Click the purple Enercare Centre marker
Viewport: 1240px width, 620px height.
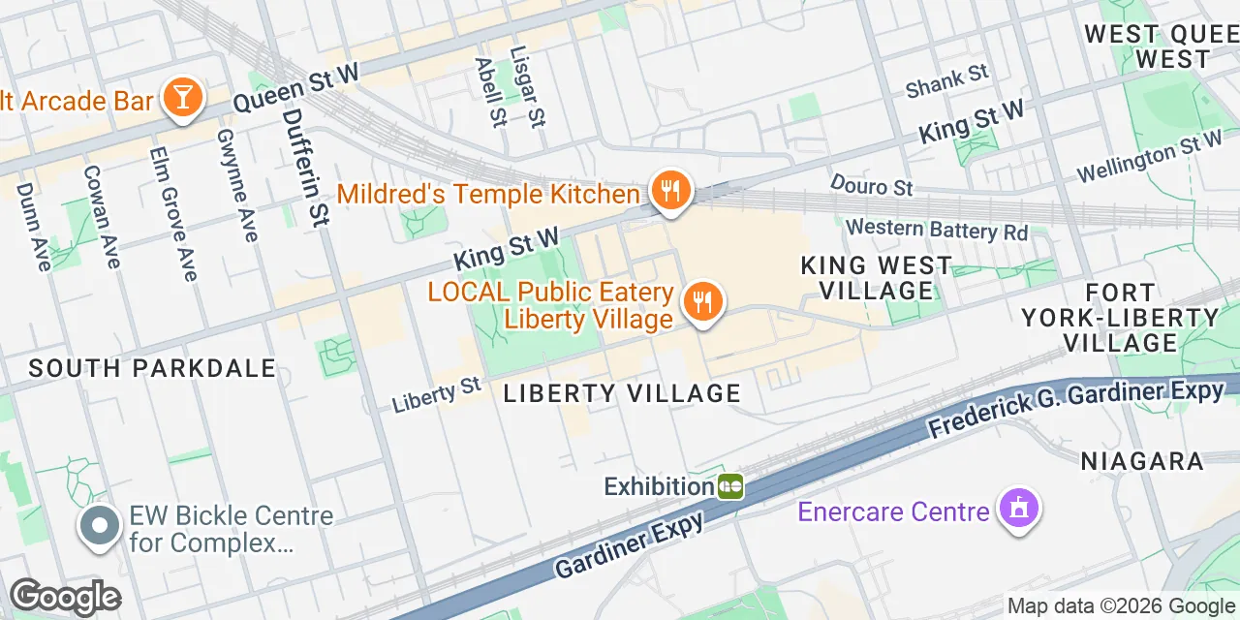click(1018, 509)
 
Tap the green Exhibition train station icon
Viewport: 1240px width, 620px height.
click(730, 485)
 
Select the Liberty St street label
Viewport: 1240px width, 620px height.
click(437, 395)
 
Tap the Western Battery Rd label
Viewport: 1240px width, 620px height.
click(936, 230)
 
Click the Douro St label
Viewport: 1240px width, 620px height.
click(872, 184)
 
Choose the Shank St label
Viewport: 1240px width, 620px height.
click(946, 80)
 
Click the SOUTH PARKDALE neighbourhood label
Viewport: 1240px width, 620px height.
click(152, 368)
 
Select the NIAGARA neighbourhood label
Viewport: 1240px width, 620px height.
click(1142, 461)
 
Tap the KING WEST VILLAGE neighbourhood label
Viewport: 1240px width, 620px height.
click(876, 277)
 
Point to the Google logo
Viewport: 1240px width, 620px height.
click(65, 598)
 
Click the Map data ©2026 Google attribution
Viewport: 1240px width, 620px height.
click(1121, 606)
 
